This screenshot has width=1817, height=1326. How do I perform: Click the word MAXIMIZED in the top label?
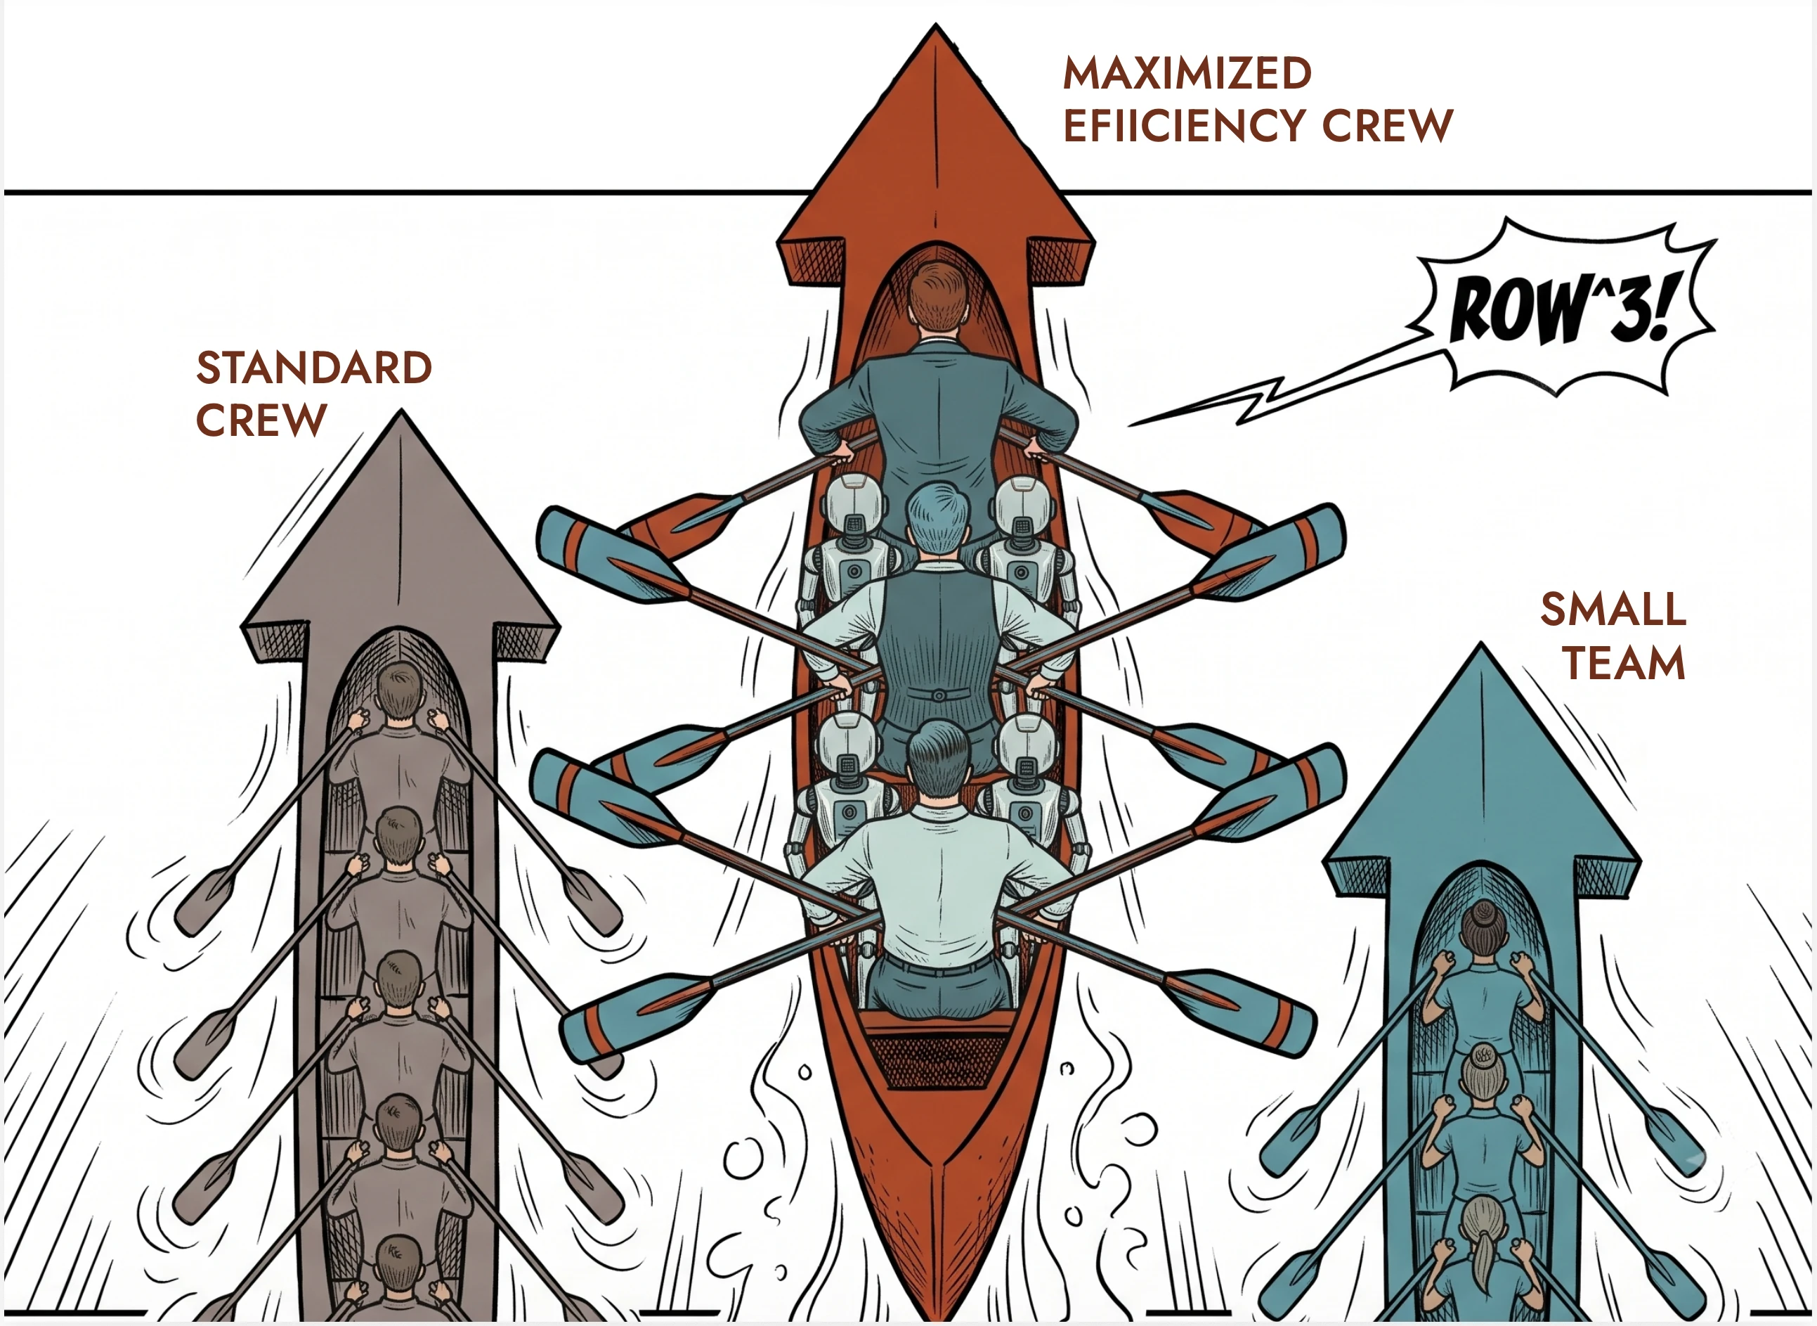[1187, 73]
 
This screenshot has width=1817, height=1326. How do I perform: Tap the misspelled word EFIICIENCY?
[1185, 125]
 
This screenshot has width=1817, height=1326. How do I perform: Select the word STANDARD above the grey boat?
[313, 368]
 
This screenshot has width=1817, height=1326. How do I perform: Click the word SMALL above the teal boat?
[1613, 610]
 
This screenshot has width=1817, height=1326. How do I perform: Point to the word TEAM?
[1624, 663]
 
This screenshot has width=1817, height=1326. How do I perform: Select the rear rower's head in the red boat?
[939, 759]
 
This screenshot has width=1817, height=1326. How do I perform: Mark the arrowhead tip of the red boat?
[935, 24]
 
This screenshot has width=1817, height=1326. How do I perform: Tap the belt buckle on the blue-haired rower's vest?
[938, 695]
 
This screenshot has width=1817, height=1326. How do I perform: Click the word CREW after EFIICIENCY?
[1387, 125]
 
